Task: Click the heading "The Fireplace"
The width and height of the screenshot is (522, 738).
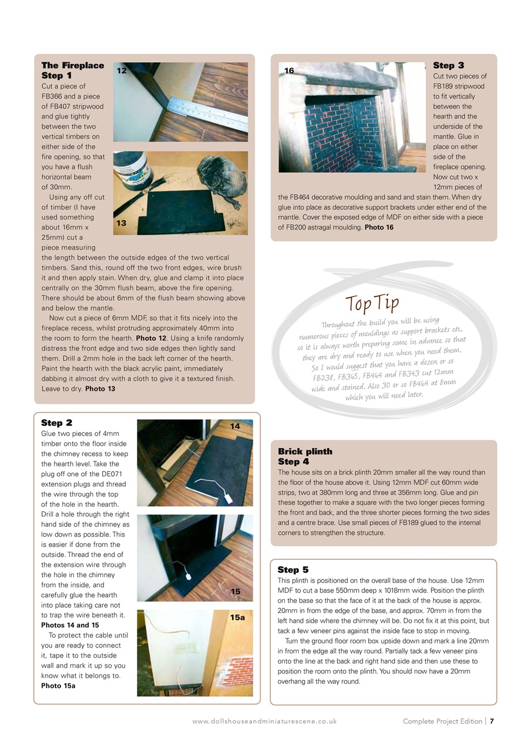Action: point(73,66)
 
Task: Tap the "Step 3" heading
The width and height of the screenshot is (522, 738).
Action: point(448,66)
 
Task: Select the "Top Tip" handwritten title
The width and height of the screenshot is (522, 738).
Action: point(372,302)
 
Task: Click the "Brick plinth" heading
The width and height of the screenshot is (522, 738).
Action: point(305,451)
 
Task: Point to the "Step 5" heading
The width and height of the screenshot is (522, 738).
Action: point(293,570)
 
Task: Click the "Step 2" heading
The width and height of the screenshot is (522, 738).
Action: point(57,423)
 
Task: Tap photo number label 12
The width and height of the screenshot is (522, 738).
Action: point(122,70)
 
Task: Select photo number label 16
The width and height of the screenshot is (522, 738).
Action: point(289,70)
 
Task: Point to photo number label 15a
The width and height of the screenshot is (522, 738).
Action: point(238,617)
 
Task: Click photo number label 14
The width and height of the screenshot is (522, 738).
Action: point(235,427)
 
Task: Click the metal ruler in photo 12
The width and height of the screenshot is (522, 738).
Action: point(208,112)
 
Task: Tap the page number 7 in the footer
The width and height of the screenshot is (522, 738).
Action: point(491,721)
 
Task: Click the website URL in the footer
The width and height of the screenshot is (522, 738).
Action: point(264,721)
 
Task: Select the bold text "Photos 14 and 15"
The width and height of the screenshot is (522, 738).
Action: point(70,625)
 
